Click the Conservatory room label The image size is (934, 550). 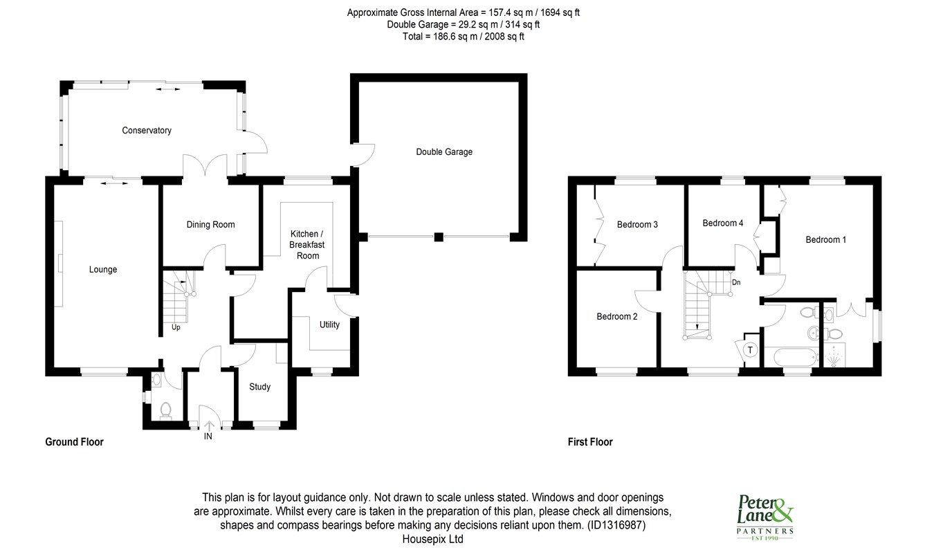coord(147,131)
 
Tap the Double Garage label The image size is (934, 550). coord(444,152)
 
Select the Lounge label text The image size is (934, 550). coord(103,269)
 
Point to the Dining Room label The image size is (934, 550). coord(210,225)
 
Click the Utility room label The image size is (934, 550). coord(329,324)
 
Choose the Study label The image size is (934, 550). coord(259,387)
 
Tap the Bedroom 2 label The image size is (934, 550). coord(617,316)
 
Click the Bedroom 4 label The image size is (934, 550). coord(722,223)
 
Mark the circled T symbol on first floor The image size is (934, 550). coord(750,350)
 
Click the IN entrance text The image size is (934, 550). coord(208,436)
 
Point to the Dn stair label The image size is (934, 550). coord(736,282)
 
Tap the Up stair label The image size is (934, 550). coord(176,327)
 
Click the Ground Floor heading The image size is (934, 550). coord(74,442)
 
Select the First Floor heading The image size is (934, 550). coord(590,442)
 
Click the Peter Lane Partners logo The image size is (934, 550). coord(765,517)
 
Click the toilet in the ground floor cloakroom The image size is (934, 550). coord(165,411)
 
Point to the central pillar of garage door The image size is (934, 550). coord(439,237)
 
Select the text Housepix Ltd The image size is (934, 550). coord(433,539)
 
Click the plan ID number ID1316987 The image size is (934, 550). coord(616,525)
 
